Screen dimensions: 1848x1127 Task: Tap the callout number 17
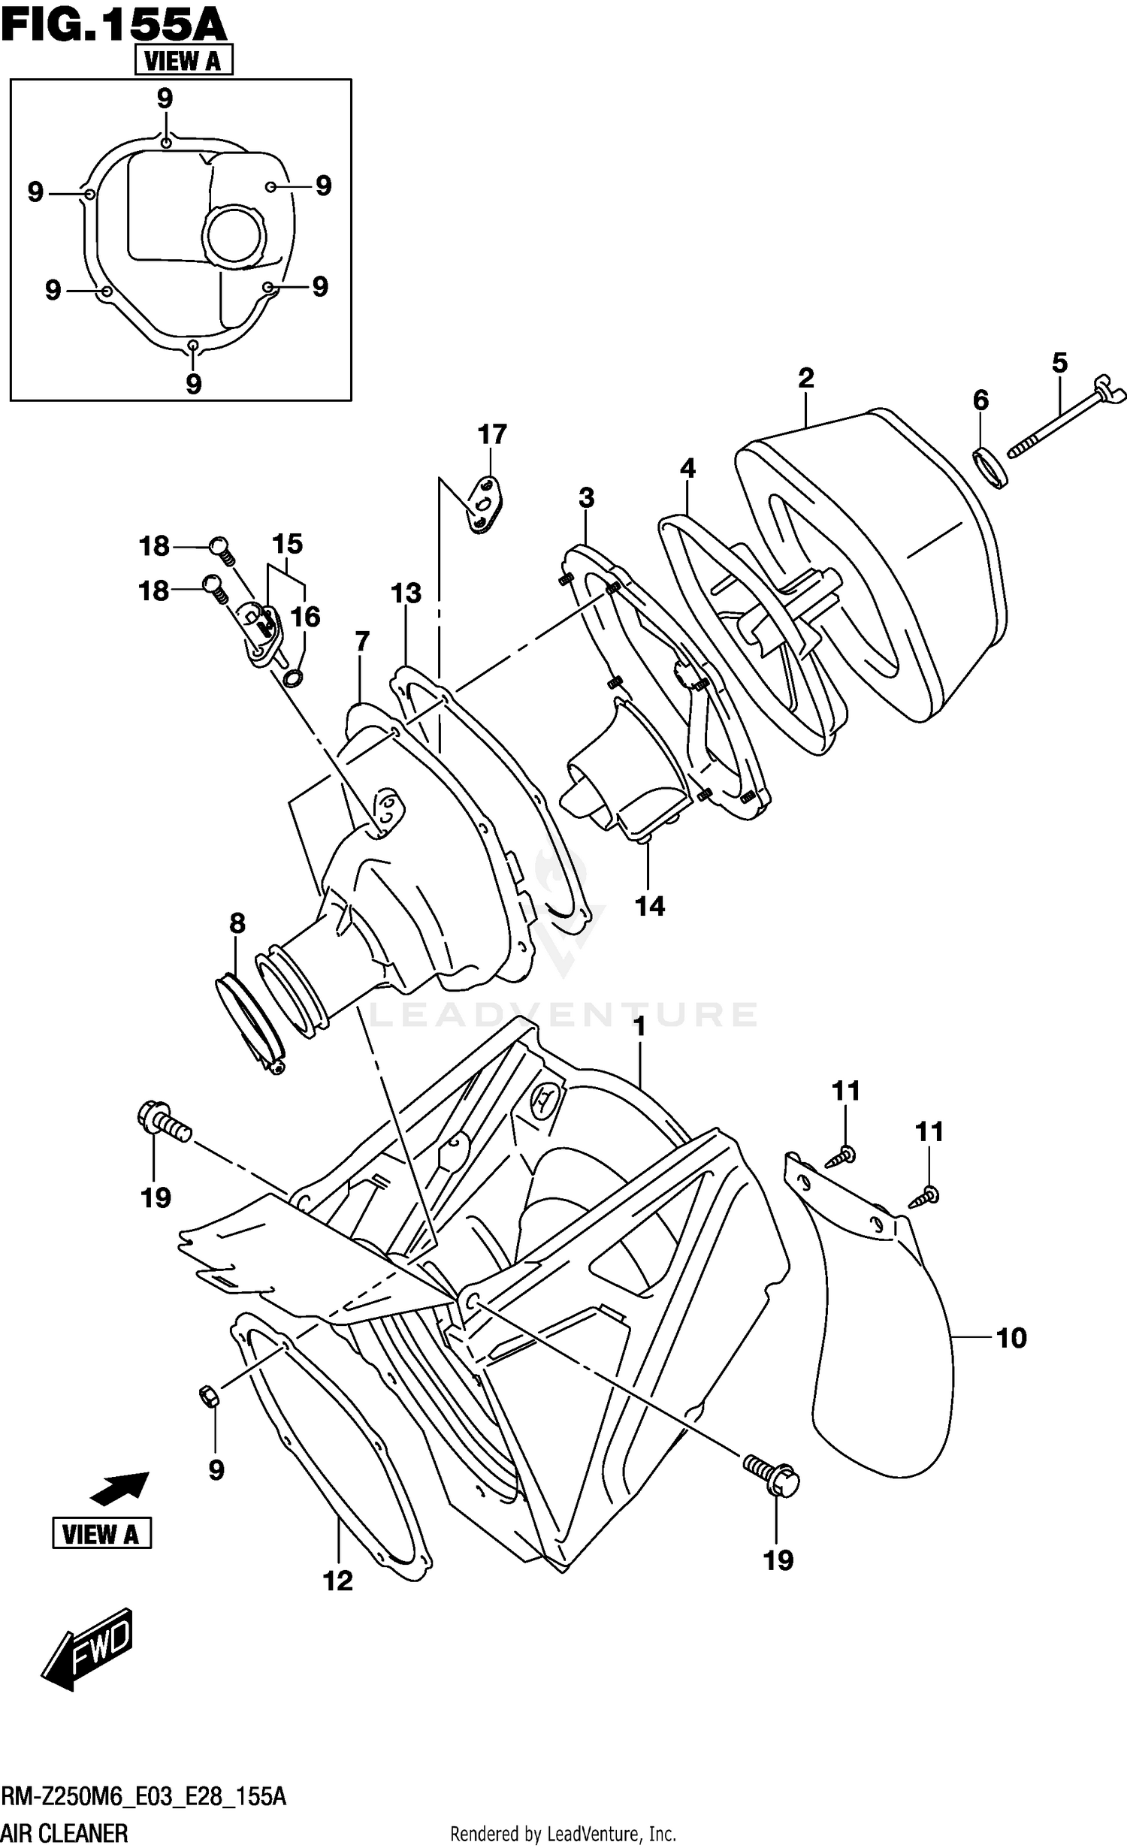[x=492, y=434]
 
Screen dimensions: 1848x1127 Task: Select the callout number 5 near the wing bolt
[x=1059, y=364]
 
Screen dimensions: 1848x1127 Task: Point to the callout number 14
[x=650, y=906]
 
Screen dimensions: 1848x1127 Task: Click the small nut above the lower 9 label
[x=208, y=1395]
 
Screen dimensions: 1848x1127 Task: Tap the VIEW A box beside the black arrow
[x=101, y=1532]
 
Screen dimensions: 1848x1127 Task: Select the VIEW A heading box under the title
[x=183, y=60]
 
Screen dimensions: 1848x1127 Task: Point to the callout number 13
[x=406, y=593]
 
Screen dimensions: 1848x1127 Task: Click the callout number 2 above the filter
[x=805, y=378]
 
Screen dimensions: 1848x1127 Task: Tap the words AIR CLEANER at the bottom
[x=64, y=1833]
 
